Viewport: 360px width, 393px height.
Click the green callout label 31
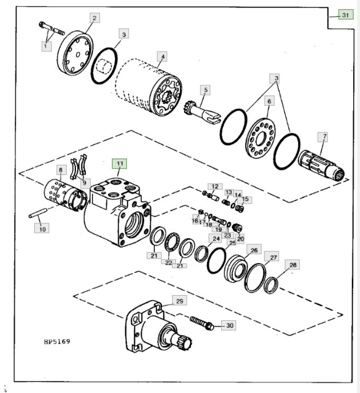pyautogui.click(x=345, y=15)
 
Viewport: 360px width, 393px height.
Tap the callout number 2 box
pyautogui.click(x=93, y=18)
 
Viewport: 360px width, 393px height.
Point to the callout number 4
pyautogui.click(x=163, y=57)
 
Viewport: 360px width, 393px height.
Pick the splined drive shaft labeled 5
pyautogui.click(x=197, y=109)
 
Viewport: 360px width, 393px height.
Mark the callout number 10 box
pyautogui.click(x=42, y=228)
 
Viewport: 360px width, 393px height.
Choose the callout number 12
pyautogui.click(x=215, y=186)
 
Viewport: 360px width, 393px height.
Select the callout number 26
pyautogui.click(x=254, y=250)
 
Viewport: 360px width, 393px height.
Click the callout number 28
pyautogui.click(x=293, y=265)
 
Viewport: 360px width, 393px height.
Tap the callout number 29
pyautogui.click(x=179, y=300)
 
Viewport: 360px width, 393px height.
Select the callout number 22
pyautogui.click(x=168, y=263)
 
